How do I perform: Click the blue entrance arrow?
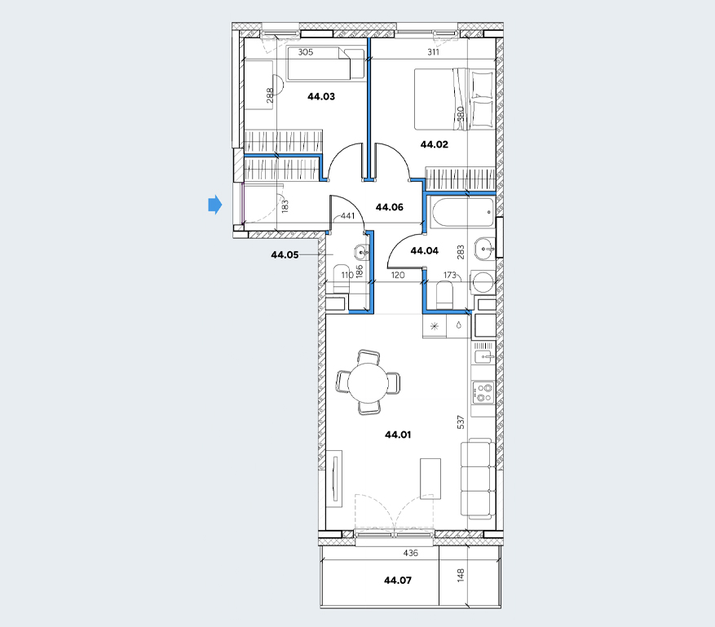pyautogui.click(x=215, y=205)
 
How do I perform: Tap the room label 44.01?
pyautogui.click(x=398, y=435)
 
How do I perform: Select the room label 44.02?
pyautogui.click(x=434, y=144)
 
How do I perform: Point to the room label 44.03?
pyautogui.click(x=321, y=96)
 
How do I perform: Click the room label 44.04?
pyautogui.click(x=424, y=250)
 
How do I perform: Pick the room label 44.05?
pyautogui.click(x=285, y=255)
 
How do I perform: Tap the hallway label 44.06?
pyautogui.click(x=390, y=207)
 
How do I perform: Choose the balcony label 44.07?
pyautogui.click(x=398, y=580)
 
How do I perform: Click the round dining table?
pyautogui.click(x=368, y=382)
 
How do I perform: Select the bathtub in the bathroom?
pyautogui.click(x=462, y=212)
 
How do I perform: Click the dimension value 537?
pyautogui.click(x=461, y=422)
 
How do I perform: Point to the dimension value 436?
pyautogui.click(x=410, y=553)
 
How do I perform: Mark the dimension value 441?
pyautogui.click(x=347, y=216)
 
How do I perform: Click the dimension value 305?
pyautogui.click(x=306, y=52)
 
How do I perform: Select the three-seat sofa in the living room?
pyautogui.click(x=478, y=479)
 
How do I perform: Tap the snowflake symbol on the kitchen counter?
pyautogui.click(x=435, y=326)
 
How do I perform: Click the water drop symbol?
pyautogui.click(x=459, y=325)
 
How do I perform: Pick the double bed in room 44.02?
pyautogui.click(x=454, y=99)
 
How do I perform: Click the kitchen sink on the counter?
pyautogui.click(x=483, y=353)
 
